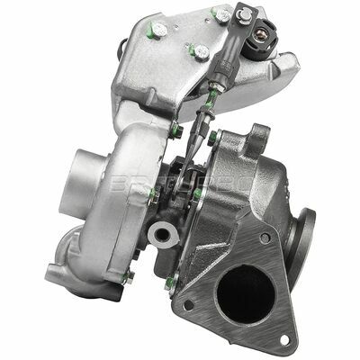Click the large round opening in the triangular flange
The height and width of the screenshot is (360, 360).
pos(242,296)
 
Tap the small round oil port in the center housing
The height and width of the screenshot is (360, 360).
pos(162,237)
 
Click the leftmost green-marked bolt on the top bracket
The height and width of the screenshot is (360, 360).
pos(158,29)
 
